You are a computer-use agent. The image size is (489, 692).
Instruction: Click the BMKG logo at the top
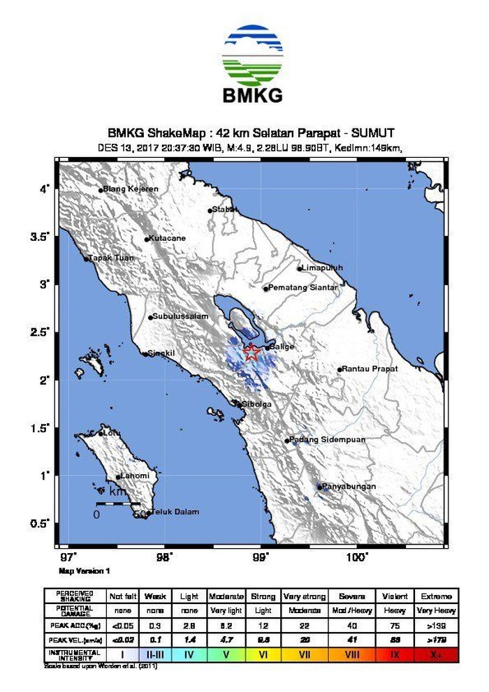[253, 64]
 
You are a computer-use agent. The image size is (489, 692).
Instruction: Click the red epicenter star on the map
[251, 353]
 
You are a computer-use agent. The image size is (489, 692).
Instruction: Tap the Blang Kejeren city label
[131, 189]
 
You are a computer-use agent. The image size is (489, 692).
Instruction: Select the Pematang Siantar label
[304, 288]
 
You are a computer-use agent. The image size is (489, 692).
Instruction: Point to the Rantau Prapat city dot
[340, 369]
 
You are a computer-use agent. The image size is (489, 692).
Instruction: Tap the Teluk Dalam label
[175, 512]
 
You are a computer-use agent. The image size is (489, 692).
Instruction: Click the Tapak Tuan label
[110, 258]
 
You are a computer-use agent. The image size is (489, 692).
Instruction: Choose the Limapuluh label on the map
[322, 268]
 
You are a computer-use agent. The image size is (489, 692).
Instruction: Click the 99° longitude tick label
[261, 557]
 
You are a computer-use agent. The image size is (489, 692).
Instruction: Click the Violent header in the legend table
[396, 596]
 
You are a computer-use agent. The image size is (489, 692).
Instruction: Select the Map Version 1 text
[85, 570]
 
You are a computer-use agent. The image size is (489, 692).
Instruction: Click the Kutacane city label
[168, 238]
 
